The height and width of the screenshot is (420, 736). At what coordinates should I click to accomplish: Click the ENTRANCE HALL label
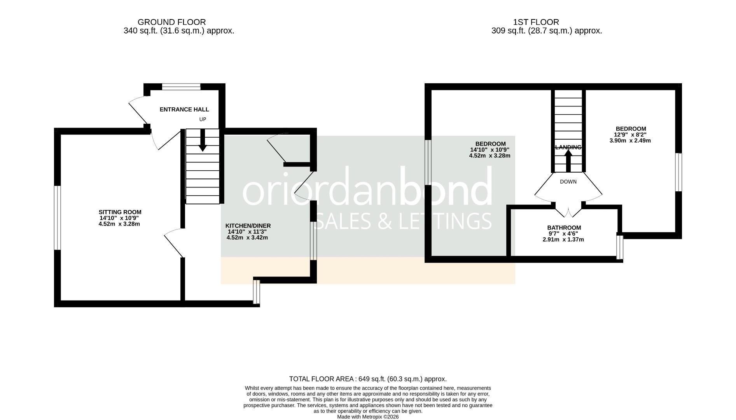click(x=184, y=110)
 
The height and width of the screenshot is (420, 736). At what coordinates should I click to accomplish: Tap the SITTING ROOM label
click(x=120, y=212)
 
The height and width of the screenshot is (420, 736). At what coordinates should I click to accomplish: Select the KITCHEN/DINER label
click(x=248, y=226)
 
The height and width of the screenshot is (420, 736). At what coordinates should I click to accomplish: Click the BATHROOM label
click(x=564, y=228)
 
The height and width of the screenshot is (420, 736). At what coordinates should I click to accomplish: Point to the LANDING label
click(x=568, y=147)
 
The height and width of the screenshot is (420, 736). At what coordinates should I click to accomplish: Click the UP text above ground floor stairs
click(x=203, y=119)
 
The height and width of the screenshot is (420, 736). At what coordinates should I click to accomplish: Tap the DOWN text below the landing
click(x=568, y=182)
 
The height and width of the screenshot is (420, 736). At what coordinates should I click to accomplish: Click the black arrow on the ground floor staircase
click(x=203, y=141)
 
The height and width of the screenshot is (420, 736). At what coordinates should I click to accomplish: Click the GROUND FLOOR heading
click(x=171, y=22)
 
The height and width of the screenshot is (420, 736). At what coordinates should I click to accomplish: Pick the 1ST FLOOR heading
click(x=536, y=22)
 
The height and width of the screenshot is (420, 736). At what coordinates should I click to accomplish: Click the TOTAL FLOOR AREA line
click(x=368, y=379)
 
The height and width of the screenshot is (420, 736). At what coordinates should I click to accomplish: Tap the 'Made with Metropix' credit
click(x=368, y=416)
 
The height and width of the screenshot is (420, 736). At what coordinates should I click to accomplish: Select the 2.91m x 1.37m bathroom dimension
click(x=563, y=240)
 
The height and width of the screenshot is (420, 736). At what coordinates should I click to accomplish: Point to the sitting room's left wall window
click(x=57, y=218)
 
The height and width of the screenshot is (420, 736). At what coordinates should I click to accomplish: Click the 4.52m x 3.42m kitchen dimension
click(x=247, y=237)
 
